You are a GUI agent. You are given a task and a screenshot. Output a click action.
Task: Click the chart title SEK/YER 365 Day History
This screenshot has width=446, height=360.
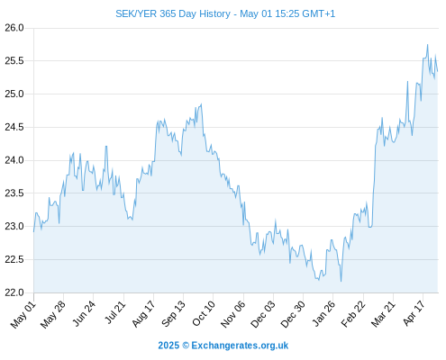(173, 13)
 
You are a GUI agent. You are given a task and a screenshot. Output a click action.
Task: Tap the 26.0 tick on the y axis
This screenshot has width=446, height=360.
(14, 28)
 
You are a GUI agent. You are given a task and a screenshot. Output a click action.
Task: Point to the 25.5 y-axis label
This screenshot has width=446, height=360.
(14, 61)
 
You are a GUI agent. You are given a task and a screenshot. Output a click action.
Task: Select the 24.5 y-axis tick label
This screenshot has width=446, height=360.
(14, 127)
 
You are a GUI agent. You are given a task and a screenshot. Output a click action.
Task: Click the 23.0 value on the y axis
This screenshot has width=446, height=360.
(14, 226)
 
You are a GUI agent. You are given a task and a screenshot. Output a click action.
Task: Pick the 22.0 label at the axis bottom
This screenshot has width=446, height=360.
(14, 292)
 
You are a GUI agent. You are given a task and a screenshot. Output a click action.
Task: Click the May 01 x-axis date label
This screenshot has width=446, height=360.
(23, 315)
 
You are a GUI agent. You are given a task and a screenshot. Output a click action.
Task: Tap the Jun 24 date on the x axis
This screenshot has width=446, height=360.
(84, 313)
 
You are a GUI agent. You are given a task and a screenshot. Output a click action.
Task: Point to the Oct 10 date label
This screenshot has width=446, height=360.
(204, 313)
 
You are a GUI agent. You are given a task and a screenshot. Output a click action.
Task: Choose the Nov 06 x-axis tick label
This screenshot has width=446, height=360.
(232, 314)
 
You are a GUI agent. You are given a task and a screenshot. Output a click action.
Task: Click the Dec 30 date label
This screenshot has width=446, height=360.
(293, 314)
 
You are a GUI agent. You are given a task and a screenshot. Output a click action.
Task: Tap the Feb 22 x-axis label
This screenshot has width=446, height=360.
(353, 314)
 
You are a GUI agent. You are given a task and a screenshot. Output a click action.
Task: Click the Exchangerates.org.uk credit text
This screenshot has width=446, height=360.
(240, 346)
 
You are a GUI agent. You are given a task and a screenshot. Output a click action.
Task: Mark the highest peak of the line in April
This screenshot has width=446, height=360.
(427, 45)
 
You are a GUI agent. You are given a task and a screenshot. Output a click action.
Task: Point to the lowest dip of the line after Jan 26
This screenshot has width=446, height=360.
(341, 281)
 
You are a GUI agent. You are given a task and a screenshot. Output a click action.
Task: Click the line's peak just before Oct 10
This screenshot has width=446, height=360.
(201, 104)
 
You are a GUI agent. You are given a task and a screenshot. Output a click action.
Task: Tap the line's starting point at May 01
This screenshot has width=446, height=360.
(33, 231)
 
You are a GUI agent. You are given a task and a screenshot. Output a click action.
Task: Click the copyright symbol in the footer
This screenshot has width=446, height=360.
(186, 346)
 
